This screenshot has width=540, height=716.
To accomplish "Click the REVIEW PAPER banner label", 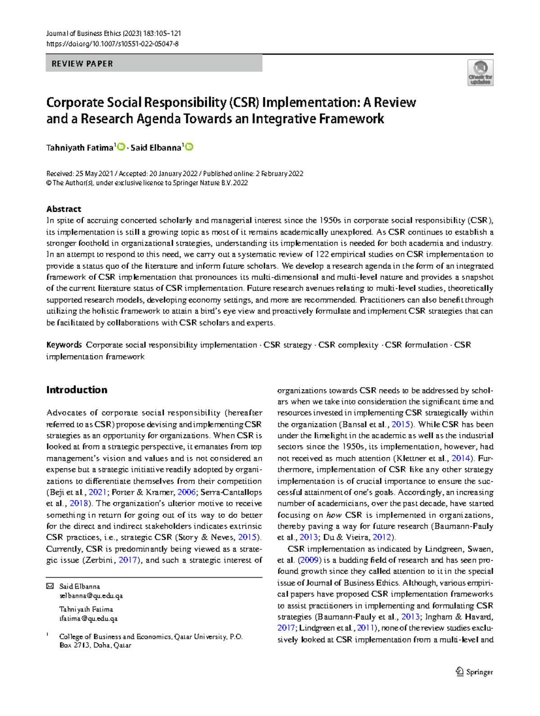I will coord(82,64).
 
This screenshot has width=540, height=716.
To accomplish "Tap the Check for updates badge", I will coord(480,73).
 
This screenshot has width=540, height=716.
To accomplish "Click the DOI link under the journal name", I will coord(112,44).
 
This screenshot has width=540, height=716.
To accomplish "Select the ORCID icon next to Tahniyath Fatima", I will coord(121,147).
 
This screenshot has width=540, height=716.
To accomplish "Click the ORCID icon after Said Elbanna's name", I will coord(189,147).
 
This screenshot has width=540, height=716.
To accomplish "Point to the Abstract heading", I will coord(63,209).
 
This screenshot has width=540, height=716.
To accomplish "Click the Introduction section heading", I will coord(77,390).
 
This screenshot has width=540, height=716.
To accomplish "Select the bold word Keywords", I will coord(64,345).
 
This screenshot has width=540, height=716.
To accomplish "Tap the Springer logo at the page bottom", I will coord(474,672).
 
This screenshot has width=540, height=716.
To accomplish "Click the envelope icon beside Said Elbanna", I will coord(50,586).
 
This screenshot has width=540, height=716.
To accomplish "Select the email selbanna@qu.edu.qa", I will coord(91,596).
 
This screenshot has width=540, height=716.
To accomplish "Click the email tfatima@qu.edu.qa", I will coord(89,618).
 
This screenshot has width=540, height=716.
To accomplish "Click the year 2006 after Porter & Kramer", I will coord(187,492).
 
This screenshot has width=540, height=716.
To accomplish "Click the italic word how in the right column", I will coord(333,515).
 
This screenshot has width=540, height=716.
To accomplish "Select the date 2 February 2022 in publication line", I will coord(279,174).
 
